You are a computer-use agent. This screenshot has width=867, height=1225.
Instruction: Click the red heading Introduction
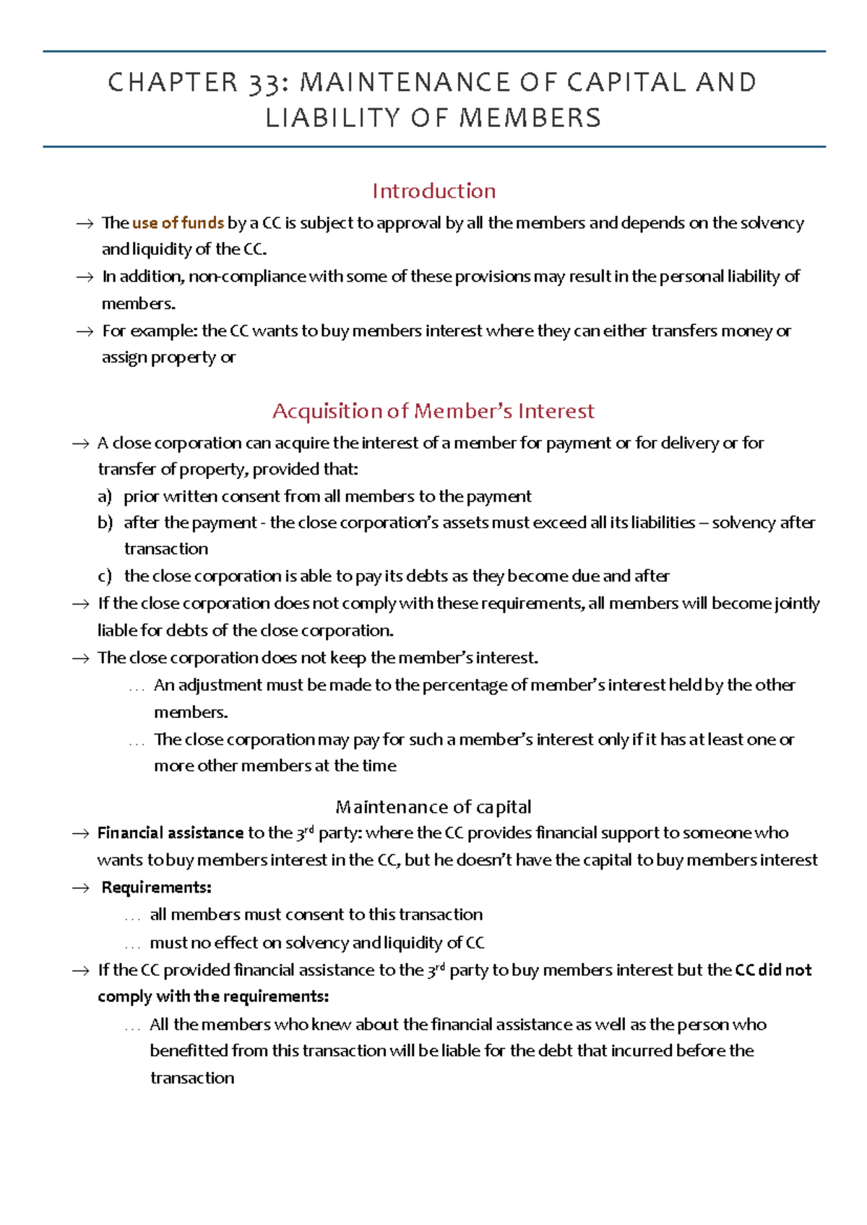[433, 191]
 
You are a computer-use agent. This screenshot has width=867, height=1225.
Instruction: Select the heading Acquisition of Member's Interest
[433, 411]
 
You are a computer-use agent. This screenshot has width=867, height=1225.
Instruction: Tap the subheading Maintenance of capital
[433, 806]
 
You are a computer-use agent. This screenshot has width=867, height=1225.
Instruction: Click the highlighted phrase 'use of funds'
[178, 222]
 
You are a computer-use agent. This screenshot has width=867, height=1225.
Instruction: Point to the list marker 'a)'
[105, 496]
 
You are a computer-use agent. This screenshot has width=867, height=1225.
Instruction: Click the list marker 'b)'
[105, 522]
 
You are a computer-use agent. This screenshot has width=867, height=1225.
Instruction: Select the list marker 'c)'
[105, 576]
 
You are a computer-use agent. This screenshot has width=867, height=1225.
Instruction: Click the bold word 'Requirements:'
[156, 887]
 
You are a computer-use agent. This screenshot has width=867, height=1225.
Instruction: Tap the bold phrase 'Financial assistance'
[171, 833]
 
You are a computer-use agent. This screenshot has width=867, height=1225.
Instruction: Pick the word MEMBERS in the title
[530, 118]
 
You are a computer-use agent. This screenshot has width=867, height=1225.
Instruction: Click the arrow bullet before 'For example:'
[85, 332]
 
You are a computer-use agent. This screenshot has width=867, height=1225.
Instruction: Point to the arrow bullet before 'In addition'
[85, 277]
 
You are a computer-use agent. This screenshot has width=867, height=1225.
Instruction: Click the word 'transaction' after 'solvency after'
[166, 549]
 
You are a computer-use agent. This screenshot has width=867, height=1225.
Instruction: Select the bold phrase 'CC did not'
[773, 969]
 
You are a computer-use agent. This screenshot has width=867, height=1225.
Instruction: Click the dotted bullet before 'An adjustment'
[137, 686]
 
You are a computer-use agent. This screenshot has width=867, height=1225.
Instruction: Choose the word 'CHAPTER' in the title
[173, 83]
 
